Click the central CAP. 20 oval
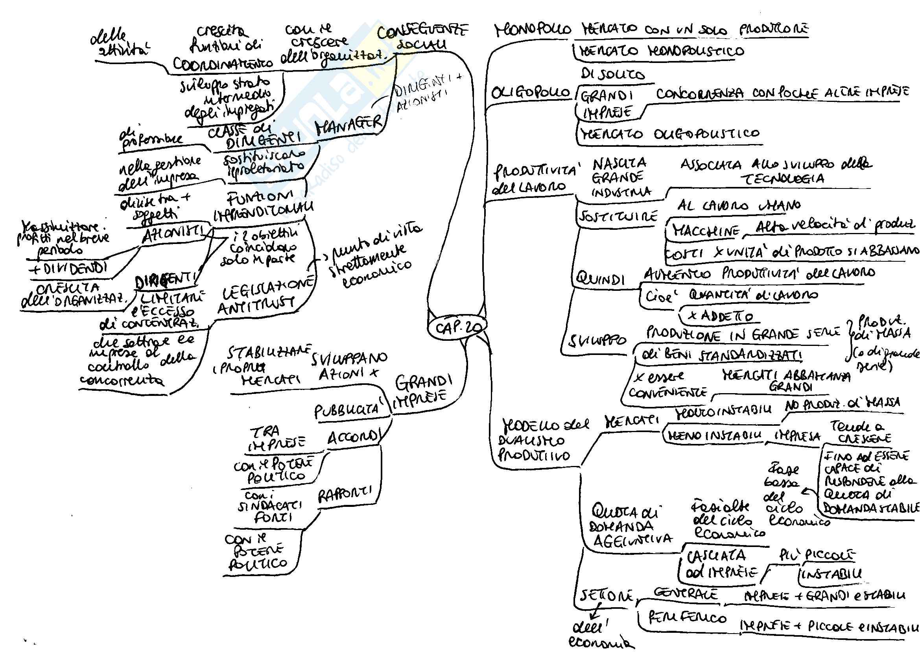[456, 327]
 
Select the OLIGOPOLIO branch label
[530, 93]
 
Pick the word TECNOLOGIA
[782, 179]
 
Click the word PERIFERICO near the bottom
[688, 618]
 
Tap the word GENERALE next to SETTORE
[686, 594]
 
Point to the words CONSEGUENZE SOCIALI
[422, 37]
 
